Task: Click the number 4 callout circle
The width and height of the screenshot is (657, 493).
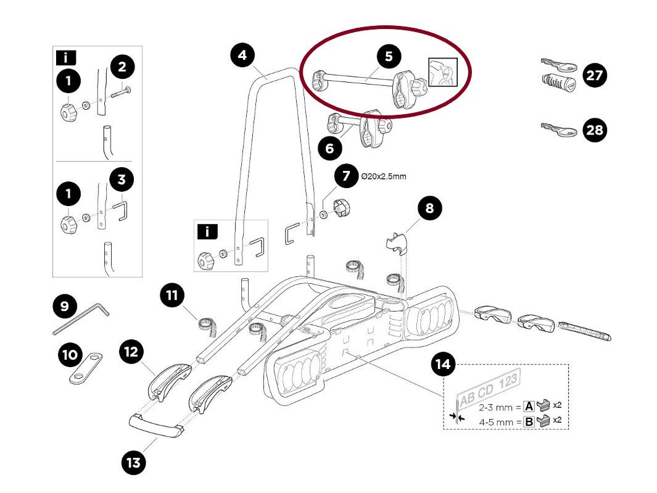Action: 242,55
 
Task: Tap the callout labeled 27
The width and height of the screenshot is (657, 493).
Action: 594,76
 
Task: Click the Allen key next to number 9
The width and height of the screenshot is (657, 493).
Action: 80,318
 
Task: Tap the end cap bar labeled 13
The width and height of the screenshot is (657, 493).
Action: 156,426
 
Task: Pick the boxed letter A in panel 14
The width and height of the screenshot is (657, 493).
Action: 529,406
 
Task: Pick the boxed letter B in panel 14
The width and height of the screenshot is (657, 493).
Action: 529,423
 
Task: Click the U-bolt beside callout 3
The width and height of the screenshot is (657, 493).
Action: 121,213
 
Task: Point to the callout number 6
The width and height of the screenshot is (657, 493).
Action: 329,148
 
